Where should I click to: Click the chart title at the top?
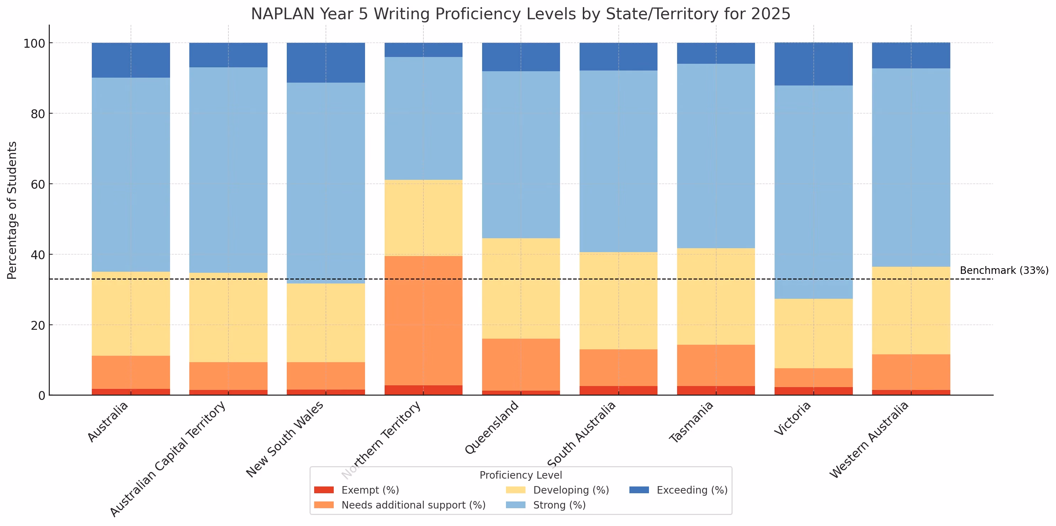[521, 14]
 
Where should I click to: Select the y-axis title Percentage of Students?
[12, 210]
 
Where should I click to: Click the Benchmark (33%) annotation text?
[1004, 270]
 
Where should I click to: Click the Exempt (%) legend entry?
[356, 490]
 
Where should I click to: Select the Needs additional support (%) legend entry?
[400, 505]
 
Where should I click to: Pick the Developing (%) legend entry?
[558, 490]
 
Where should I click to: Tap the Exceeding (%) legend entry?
[679, 490]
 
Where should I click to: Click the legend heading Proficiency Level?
[521, 475]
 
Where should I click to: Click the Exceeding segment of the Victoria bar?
[814, 64]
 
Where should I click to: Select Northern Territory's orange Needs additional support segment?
[423, 321]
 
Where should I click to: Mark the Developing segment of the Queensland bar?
[521, 288]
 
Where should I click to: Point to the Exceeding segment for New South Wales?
[326, 63]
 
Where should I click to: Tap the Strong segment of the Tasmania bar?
[716, 156]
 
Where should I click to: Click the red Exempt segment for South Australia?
[619, 391]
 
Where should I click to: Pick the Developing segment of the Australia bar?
[131, 314]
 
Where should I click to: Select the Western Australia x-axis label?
[869, 440]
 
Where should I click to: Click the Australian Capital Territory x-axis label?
[168, 459]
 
